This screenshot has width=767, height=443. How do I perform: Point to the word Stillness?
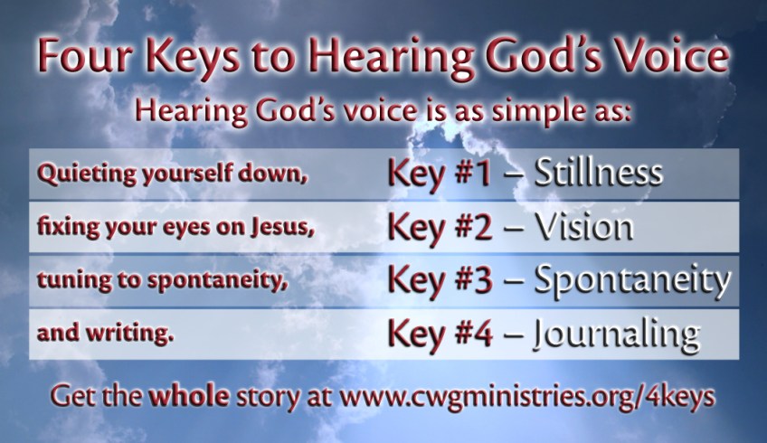(x=598, y=173)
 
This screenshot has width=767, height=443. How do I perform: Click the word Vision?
(x=583, y=227)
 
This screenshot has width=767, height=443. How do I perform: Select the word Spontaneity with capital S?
(x=632, y=280)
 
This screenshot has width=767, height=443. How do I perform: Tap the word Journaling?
(x=616, y=335)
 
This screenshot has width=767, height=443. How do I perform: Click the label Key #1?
(x=440, y=174)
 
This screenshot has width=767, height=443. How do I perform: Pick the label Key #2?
(x=440, y=228)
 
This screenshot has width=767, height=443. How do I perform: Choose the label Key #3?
(x=440, y=281)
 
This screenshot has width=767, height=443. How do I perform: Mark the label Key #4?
(x=440, y=335)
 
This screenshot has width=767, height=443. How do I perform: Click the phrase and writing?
(x=105, y=334)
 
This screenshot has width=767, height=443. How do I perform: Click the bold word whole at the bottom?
(x=189, y=395)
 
